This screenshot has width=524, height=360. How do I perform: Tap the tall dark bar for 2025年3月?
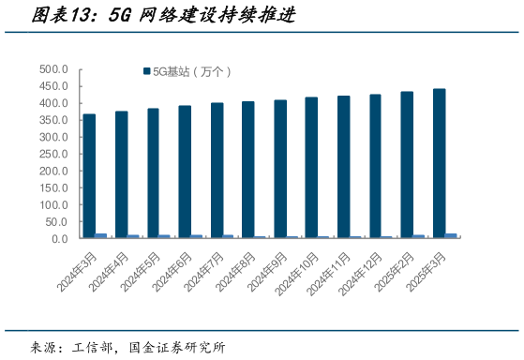(439, 163)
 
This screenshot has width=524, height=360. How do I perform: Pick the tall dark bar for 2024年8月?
(247, 170)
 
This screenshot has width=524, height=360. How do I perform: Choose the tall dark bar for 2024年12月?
(375, 166)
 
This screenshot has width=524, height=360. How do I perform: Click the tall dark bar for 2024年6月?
(185, 172)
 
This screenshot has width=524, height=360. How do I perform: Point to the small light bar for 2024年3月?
(101, 235)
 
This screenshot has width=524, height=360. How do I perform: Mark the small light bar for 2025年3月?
(451, 235)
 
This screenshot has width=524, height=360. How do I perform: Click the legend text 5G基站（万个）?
(191, 71)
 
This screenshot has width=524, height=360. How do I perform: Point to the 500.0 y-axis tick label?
(54, 69)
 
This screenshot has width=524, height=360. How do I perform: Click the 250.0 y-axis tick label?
(54, 154)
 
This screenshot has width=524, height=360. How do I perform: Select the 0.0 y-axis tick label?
(60, 238)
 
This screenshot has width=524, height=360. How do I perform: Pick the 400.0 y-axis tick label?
(54, 103)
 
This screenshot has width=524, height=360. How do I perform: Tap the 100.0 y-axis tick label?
(54, 204)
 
